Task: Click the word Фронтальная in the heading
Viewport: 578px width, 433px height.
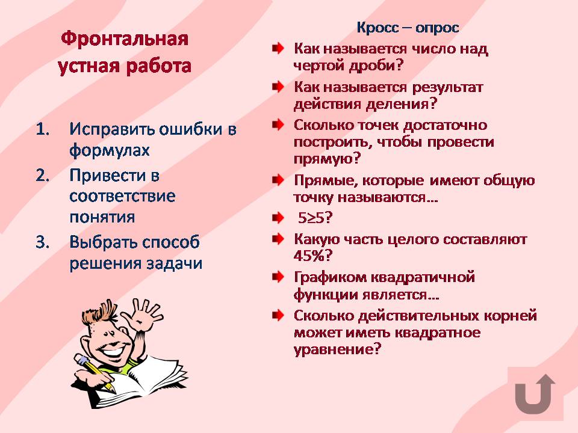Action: coord(125,38)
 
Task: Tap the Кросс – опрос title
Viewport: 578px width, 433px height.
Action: coord(408,28)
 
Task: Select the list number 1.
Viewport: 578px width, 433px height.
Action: coord(43,129)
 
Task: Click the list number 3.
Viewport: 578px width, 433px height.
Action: coord(43,242)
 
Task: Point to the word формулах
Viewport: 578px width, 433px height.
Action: coord(110,150)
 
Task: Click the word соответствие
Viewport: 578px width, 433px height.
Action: coord(122,196)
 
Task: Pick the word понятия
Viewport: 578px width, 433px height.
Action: coord(102,217)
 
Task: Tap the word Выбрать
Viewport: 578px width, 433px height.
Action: coord(103,242)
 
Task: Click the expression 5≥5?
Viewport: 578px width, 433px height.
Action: coord(315,218)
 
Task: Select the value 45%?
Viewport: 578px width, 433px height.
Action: coord(313,256)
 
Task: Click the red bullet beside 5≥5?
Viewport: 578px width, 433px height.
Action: coord(278,218)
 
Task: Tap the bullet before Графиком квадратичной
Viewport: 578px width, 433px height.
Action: coord(278,277)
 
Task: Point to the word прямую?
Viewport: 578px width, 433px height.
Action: coord(327,159)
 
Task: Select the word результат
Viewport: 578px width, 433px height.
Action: coord(447,88)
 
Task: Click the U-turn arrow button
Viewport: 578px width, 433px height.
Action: coord(535,394)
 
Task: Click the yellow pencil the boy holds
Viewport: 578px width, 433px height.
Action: coord(95,372)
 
